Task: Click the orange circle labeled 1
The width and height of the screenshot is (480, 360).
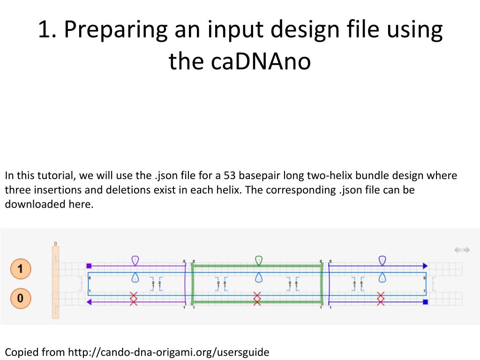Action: [x=21, y=269]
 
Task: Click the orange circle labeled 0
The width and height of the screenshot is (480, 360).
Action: [x=21, y=298]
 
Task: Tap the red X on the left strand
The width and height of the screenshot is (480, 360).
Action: [x=134, y=298]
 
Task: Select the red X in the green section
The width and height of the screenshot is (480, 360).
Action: [x=257, y=298]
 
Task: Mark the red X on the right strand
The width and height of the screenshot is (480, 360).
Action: [x=381, y=298]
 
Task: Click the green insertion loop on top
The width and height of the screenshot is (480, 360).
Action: [x=258, y=260]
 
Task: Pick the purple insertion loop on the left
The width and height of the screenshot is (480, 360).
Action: [x=135, y=260]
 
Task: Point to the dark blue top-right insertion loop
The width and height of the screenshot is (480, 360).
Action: [x=382, y=260]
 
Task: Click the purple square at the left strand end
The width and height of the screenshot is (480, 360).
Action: [x=89, y=266]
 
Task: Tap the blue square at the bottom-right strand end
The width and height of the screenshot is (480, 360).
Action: [x=426, y=302]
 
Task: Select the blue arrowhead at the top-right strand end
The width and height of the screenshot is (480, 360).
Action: [x=425, y=266]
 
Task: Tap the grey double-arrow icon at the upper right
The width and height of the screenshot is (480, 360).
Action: [x=462, y=250]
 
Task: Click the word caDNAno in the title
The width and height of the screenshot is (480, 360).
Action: [x=240, y=61]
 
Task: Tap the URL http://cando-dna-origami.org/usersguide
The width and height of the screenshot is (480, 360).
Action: [x=169, y=352]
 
